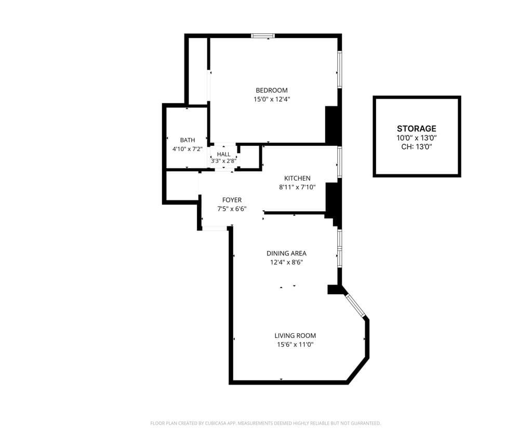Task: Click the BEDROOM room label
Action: point(271,90)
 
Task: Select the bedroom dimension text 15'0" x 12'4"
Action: point(271,99)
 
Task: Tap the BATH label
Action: point(188,140)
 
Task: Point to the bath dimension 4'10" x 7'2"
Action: point(188,149)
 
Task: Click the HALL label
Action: point(224,154)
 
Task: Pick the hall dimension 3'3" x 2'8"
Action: point(224,161)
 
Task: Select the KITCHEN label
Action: point(297,179)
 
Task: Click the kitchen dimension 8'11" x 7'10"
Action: point(297,187)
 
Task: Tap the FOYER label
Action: point(232,200)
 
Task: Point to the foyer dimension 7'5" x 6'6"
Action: point(232,209)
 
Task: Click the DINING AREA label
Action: point(286,253)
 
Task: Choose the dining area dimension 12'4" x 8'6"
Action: point(286,262)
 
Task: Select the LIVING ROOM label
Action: point(295,335)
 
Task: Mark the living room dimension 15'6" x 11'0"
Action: point(295,344)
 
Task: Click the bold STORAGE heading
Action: point(417,129)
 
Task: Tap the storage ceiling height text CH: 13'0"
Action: point(417,147)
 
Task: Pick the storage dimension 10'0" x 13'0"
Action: point(417,138)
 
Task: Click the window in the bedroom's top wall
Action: point(263,36)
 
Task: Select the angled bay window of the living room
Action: point(356,306)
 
